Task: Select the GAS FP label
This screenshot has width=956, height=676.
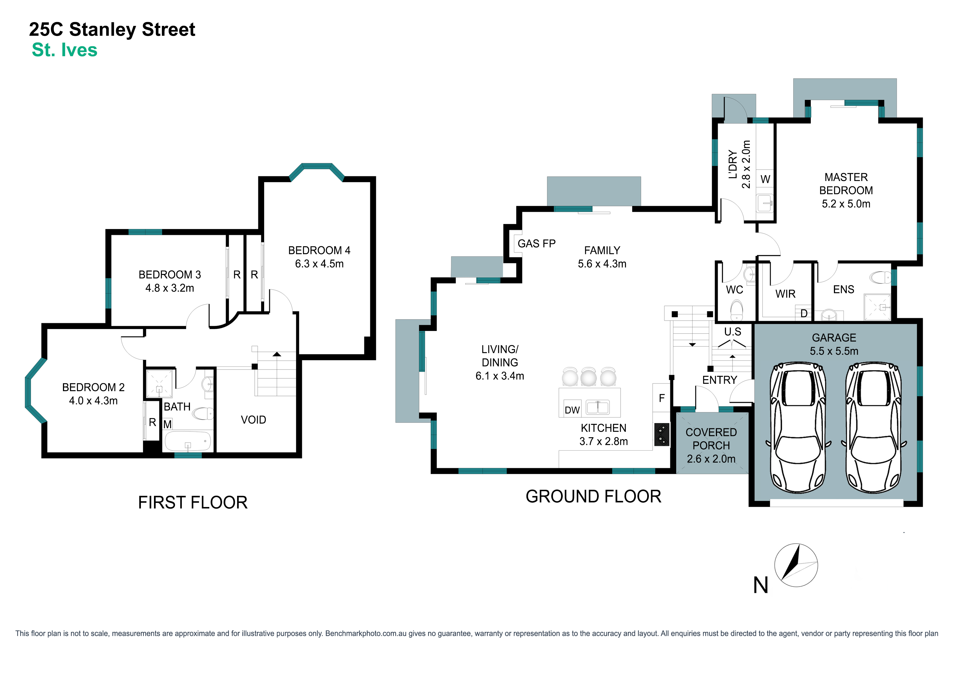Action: click(536, 244)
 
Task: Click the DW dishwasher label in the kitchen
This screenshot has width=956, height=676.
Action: click(572, 410)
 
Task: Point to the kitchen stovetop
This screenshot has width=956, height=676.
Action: click(662, 434)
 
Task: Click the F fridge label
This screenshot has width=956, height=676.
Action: click(662, 398)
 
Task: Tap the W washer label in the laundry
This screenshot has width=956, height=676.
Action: click(765, 180)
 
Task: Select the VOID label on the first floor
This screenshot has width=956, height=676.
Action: click(253, 420)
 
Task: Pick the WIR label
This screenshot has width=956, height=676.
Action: click(785, 294)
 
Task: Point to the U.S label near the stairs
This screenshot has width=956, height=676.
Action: click(733, 332)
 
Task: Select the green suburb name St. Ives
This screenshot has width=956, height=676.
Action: click(65, 50)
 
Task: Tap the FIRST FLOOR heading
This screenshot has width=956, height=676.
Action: click(193, 503)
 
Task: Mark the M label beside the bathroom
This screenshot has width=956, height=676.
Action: click(167, 424)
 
